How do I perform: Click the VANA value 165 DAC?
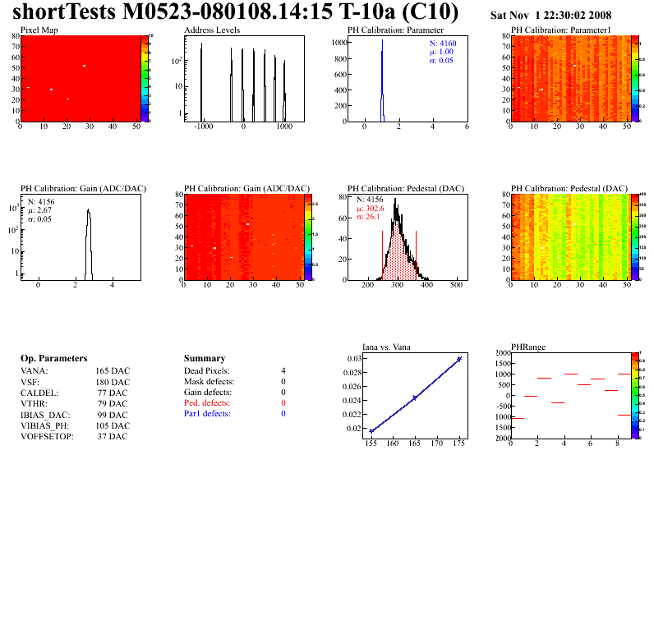click(112, 371)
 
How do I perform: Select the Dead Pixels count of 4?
click(283, 371)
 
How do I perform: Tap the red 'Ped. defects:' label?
click(208, 403)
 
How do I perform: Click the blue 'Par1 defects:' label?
click(207, 414)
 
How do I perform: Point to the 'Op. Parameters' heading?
click(53, 359)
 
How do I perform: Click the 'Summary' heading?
click(205, 359)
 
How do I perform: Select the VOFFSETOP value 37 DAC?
click(112, 436)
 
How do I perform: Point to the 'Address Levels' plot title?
click(212, 30)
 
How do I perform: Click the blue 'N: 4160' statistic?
click(443, 43)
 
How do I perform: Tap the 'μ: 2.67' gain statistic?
click(40, 210)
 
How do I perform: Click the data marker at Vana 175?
click(459, 359)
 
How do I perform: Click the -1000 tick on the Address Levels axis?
click(202, 127)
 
